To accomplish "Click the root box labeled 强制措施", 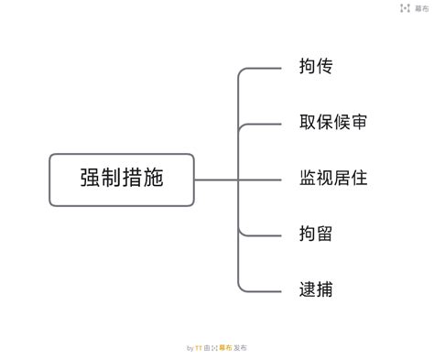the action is coord(122,180).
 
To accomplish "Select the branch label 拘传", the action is coord(316,66).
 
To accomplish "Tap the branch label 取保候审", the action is coord(332,122).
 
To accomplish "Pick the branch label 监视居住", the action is coord(333,178).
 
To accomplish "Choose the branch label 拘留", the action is coord(316,234).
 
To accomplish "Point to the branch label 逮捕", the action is coord(316,289).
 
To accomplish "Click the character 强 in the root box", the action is coord(91,178).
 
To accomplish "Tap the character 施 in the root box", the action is coord(154,178).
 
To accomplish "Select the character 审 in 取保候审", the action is coord(359,122).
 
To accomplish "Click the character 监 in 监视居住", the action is coord(308,178).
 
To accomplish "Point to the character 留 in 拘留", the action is coord(324,234).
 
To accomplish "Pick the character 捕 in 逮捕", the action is coord(324,289).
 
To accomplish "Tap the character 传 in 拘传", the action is coord(324,66).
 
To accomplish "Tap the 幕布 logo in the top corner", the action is coord(415,8).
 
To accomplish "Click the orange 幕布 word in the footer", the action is coord(225,347).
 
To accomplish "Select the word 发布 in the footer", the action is coord(240,347).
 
